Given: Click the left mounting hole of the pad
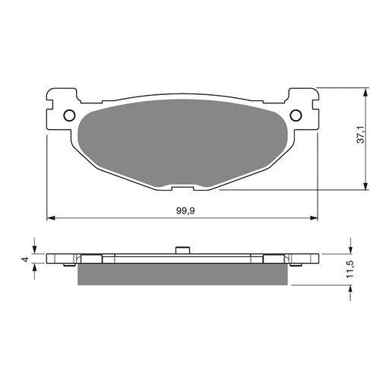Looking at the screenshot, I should pos(69,115).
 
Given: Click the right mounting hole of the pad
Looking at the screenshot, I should pos(296,115).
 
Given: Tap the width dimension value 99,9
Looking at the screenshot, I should pos(182,210).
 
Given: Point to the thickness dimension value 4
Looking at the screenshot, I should pos(25,259).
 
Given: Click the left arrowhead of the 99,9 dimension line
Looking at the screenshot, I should pos(51,218).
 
